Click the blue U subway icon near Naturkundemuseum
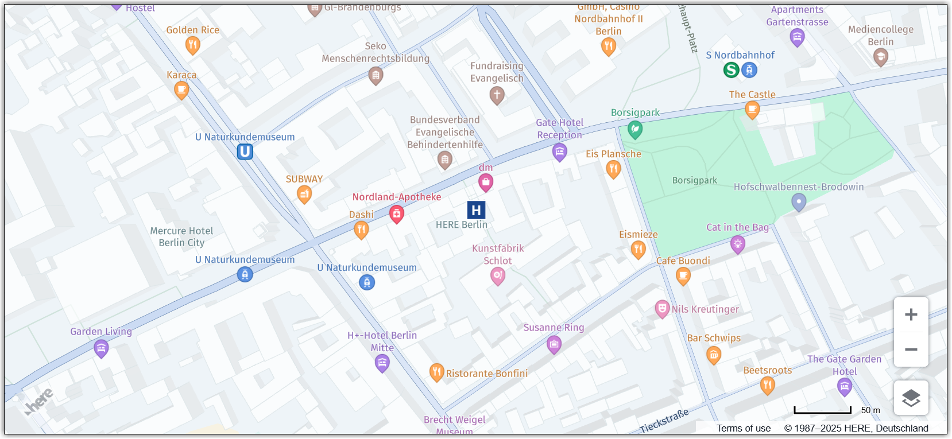tap(245, 151)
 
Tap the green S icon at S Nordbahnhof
tap(731, 70)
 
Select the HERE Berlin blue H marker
tap(476, 211)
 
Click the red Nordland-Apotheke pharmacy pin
tap(396, 213)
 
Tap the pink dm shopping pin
tap(486, 182)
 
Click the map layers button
tap(911, 398)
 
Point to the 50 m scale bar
tap(822, 410)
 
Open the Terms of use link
tap(743, 428)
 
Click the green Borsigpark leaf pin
tap(634, 129)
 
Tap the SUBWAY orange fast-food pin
tap(304, 195)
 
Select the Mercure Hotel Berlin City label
tap(181, 236)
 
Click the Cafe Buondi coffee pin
tap(683, 277)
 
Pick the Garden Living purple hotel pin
tap(101, 348)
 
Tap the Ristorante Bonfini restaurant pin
tap(436, 372)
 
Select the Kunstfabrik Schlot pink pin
tap(498, 276)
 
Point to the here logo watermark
tap(39, 401)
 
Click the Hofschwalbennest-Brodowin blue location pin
tap(799, 201)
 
